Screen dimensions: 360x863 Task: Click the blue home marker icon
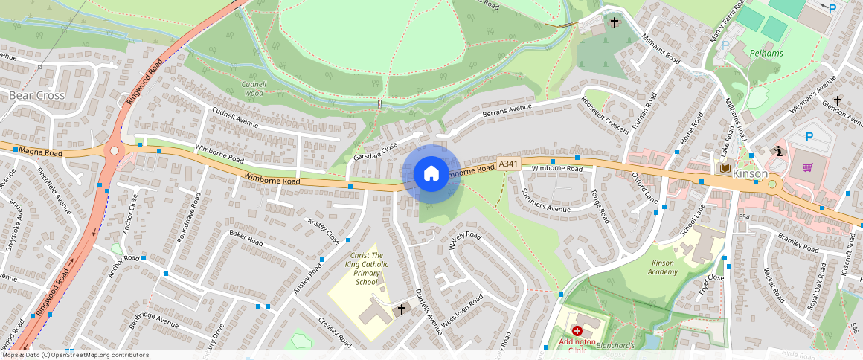431,174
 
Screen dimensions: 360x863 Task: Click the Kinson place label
749,173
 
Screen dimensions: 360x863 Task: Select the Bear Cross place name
37,96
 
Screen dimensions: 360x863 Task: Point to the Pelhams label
766,54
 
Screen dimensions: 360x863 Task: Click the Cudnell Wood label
254,89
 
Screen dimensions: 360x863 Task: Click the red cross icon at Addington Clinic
577,330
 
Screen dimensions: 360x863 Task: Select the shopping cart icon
807,167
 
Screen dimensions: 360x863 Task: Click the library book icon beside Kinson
722,169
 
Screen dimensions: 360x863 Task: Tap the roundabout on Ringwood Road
114,151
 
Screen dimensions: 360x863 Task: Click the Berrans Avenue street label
507,110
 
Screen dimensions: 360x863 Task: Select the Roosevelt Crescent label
606,113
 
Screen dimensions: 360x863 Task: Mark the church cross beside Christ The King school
402,309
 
